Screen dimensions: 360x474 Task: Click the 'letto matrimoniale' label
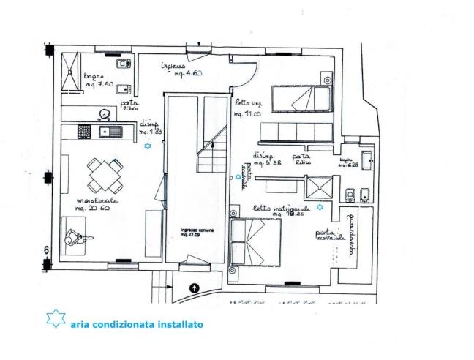point(277,209)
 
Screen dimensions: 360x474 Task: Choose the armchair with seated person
point(74,237)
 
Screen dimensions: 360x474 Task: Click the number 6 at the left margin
point(45,250)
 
